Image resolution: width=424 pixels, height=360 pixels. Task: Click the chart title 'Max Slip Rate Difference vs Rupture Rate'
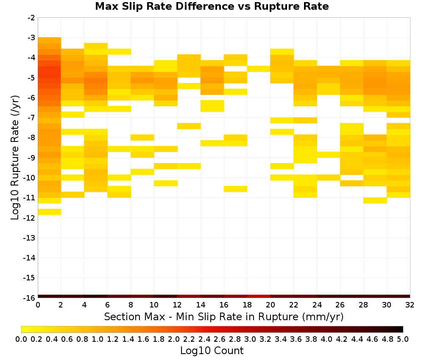[x=212, y=6]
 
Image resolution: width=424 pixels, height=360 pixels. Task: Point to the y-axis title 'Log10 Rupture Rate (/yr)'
[x=15, y=158]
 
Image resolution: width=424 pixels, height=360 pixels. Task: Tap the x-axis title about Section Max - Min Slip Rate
[x=223, y=317]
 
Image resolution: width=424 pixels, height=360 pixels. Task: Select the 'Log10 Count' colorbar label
[x=212, y=351]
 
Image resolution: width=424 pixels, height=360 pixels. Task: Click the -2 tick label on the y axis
[x=31, y=18]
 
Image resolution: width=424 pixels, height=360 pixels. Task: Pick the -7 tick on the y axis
[x=31, y=117]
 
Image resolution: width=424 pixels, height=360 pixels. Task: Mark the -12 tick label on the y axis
[x=30, y=218]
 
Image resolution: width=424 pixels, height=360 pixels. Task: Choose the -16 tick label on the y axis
[x=30, y=298]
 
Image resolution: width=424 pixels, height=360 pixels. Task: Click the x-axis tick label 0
[x=38, y=305]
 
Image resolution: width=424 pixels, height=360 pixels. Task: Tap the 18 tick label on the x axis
[x=247, y=305]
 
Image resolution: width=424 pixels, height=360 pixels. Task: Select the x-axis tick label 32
[x=410, y=305]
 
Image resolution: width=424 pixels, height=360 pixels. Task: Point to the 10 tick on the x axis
[x=154, y=305]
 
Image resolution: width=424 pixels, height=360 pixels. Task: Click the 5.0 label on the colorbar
[x=403, y=339]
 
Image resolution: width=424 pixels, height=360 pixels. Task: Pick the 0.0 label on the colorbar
[x=21, y=339]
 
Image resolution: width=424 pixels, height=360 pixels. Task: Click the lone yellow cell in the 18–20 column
[x=259, y=69]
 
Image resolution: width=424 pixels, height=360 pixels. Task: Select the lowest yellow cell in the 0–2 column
[x=50, y=212]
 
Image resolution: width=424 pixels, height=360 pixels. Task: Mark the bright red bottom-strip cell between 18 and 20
[x=259, y=296]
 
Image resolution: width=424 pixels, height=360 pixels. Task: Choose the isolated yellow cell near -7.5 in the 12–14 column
[x=189, y=126]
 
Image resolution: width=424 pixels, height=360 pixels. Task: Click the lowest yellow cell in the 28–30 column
[x=375, y=200]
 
